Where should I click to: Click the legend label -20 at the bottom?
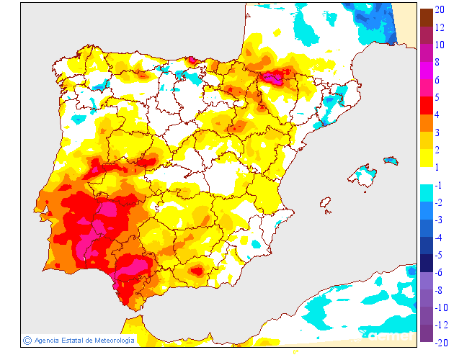[441, 341]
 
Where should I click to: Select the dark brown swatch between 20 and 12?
[426, 17]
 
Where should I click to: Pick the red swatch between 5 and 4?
[426, 105]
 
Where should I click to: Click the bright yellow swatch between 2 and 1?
[426, 158]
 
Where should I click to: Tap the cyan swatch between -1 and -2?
[426, 193]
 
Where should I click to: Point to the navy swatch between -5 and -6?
[426, 263]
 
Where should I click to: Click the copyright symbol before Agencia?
[27, 340]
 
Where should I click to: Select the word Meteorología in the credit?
[112, 340]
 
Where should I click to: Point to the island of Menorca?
[391, 160]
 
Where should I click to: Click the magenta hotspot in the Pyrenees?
[272, 76]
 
